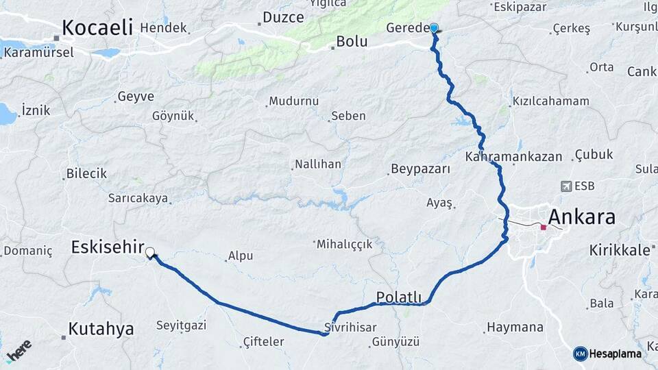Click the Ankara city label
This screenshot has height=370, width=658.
[x=582, y=218]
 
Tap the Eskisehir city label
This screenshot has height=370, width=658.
[x=108, y=247]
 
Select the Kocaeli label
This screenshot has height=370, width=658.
[x=97, y=27]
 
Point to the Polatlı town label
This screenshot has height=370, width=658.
[x=399, y=297]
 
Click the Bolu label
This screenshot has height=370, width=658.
[x=352, y=42]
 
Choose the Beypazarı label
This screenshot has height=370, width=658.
[x=420, y=169]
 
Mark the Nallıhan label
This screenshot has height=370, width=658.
[x=317, y=164]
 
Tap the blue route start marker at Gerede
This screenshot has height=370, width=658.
[x=434, y=28]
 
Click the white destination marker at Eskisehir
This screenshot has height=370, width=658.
[x=149, y=253]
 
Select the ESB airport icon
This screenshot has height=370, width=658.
[x=566, y=186]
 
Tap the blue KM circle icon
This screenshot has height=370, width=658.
[x=580, y=354]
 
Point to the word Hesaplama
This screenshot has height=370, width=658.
[x=616, y=354]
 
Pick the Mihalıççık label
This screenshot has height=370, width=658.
[x=344, y=244]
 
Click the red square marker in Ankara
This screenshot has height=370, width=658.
[x=543, y=227]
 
